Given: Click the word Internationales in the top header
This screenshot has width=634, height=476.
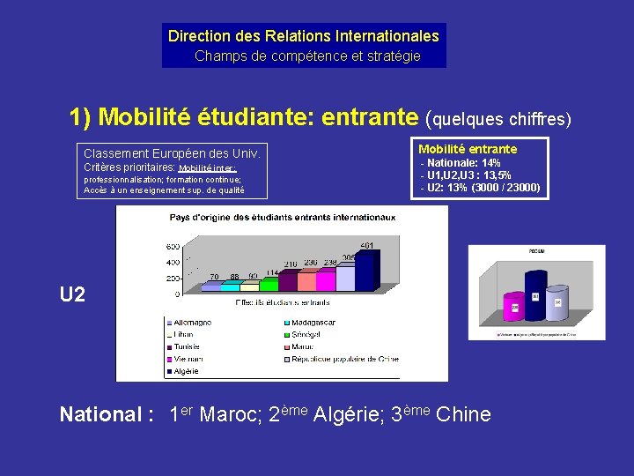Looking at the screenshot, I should tap(387, 36).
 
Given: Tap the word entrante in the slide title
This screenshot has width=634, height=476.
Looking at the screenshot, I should tap(370, 116).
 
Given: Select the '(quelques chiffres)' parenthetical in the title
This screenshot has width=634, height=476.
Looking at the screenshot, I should tap(498, 117).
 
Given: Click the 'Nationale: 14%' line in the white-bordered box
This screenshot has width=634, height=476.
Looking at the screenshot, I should tap(461, 163).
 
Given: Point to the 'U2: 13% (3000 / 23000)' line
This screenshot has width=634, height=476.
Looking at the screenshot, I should tap(481, 188).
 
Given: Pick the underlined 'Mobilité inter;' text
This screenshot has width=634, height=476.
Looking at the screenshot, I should tap(208, 167).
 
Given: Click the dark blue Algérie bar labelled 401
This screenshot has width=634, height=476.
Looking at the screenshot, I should tap(368, 270).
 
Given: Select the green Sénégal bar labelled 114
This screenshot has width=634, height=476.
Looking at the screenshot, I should tap(288, 281).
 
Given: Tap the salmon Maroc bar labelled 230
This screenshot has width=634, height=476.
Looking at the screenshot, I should tap(308, 280).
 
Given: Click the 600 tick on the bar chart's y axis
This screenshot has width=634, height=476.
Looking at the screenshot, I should tap(173, 246).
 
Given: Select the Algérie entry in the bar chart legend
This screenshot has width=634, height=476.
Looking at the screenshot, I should tap(187, 371).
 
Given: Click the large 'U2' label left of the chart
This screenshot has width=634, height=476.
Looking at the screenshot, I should tap(72, 294).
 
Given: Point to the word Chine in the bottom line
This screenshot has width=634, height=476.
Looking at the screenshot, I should tap(463, 414).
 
